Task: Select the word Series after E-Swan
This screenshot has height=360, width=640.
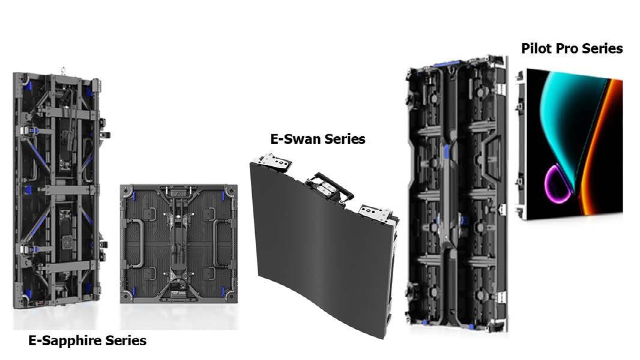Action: tap(343, 139)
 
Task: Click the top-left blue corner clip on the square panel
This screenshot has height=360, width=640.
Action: tap(133, 195)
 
